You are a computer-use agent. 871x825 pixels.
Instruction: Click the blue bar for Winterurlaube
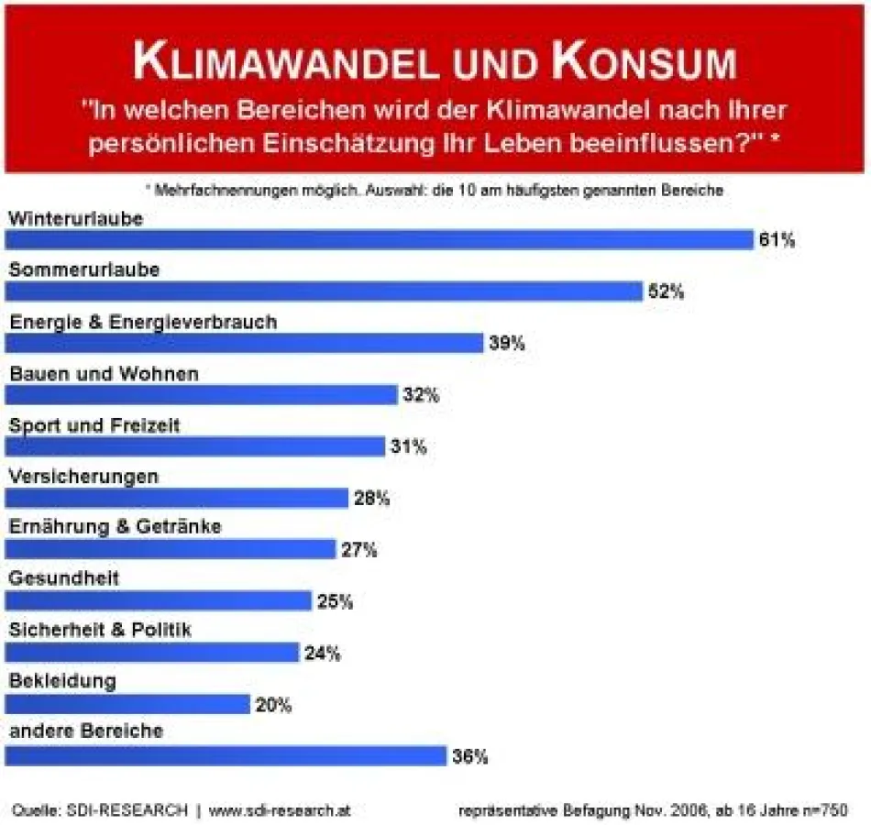tap(379, 239)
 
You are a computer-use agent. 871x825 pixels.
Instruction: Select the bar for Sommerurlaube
tap(324, 291)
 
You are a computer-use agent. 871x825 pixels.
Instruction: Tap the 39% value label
tap(506, 343)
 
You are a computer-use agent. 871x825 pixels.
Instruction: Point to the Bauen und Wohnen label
tap(104, 374)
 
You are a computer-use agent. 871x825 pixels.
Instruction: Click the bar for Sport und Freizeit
tap(194, 446)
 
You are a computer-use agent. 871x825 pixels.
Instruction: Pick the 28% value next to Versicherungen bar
tap(371, 499)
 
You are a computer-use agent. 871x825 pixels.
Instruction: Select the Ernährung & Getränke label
tap(116, 526)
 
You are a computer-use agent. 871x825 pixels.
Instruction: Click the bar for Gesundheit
tap(158, 601)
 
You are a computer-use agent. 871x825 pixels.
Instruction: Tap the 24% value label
tap(322, 654)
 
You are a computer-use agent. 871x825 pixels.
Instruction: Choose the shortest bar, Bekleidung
tap(127, 704)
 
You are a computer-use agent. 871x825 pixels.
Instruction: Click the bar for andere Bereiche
tap(225, 756)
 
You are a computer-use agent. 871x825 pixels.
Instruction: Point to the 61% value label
tap(776, 240)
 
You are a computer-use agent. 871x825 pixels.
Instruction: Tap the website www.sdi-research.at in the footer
tap(280, 810)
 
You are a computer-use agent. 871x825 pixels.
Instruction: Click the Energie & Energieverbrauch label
tap(142, 323)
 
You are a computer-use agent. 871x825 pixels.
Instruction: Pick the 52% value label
tap(666, 292)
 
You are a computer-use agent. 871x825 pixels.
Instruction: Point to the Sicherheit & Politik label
tap(100, 630)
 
